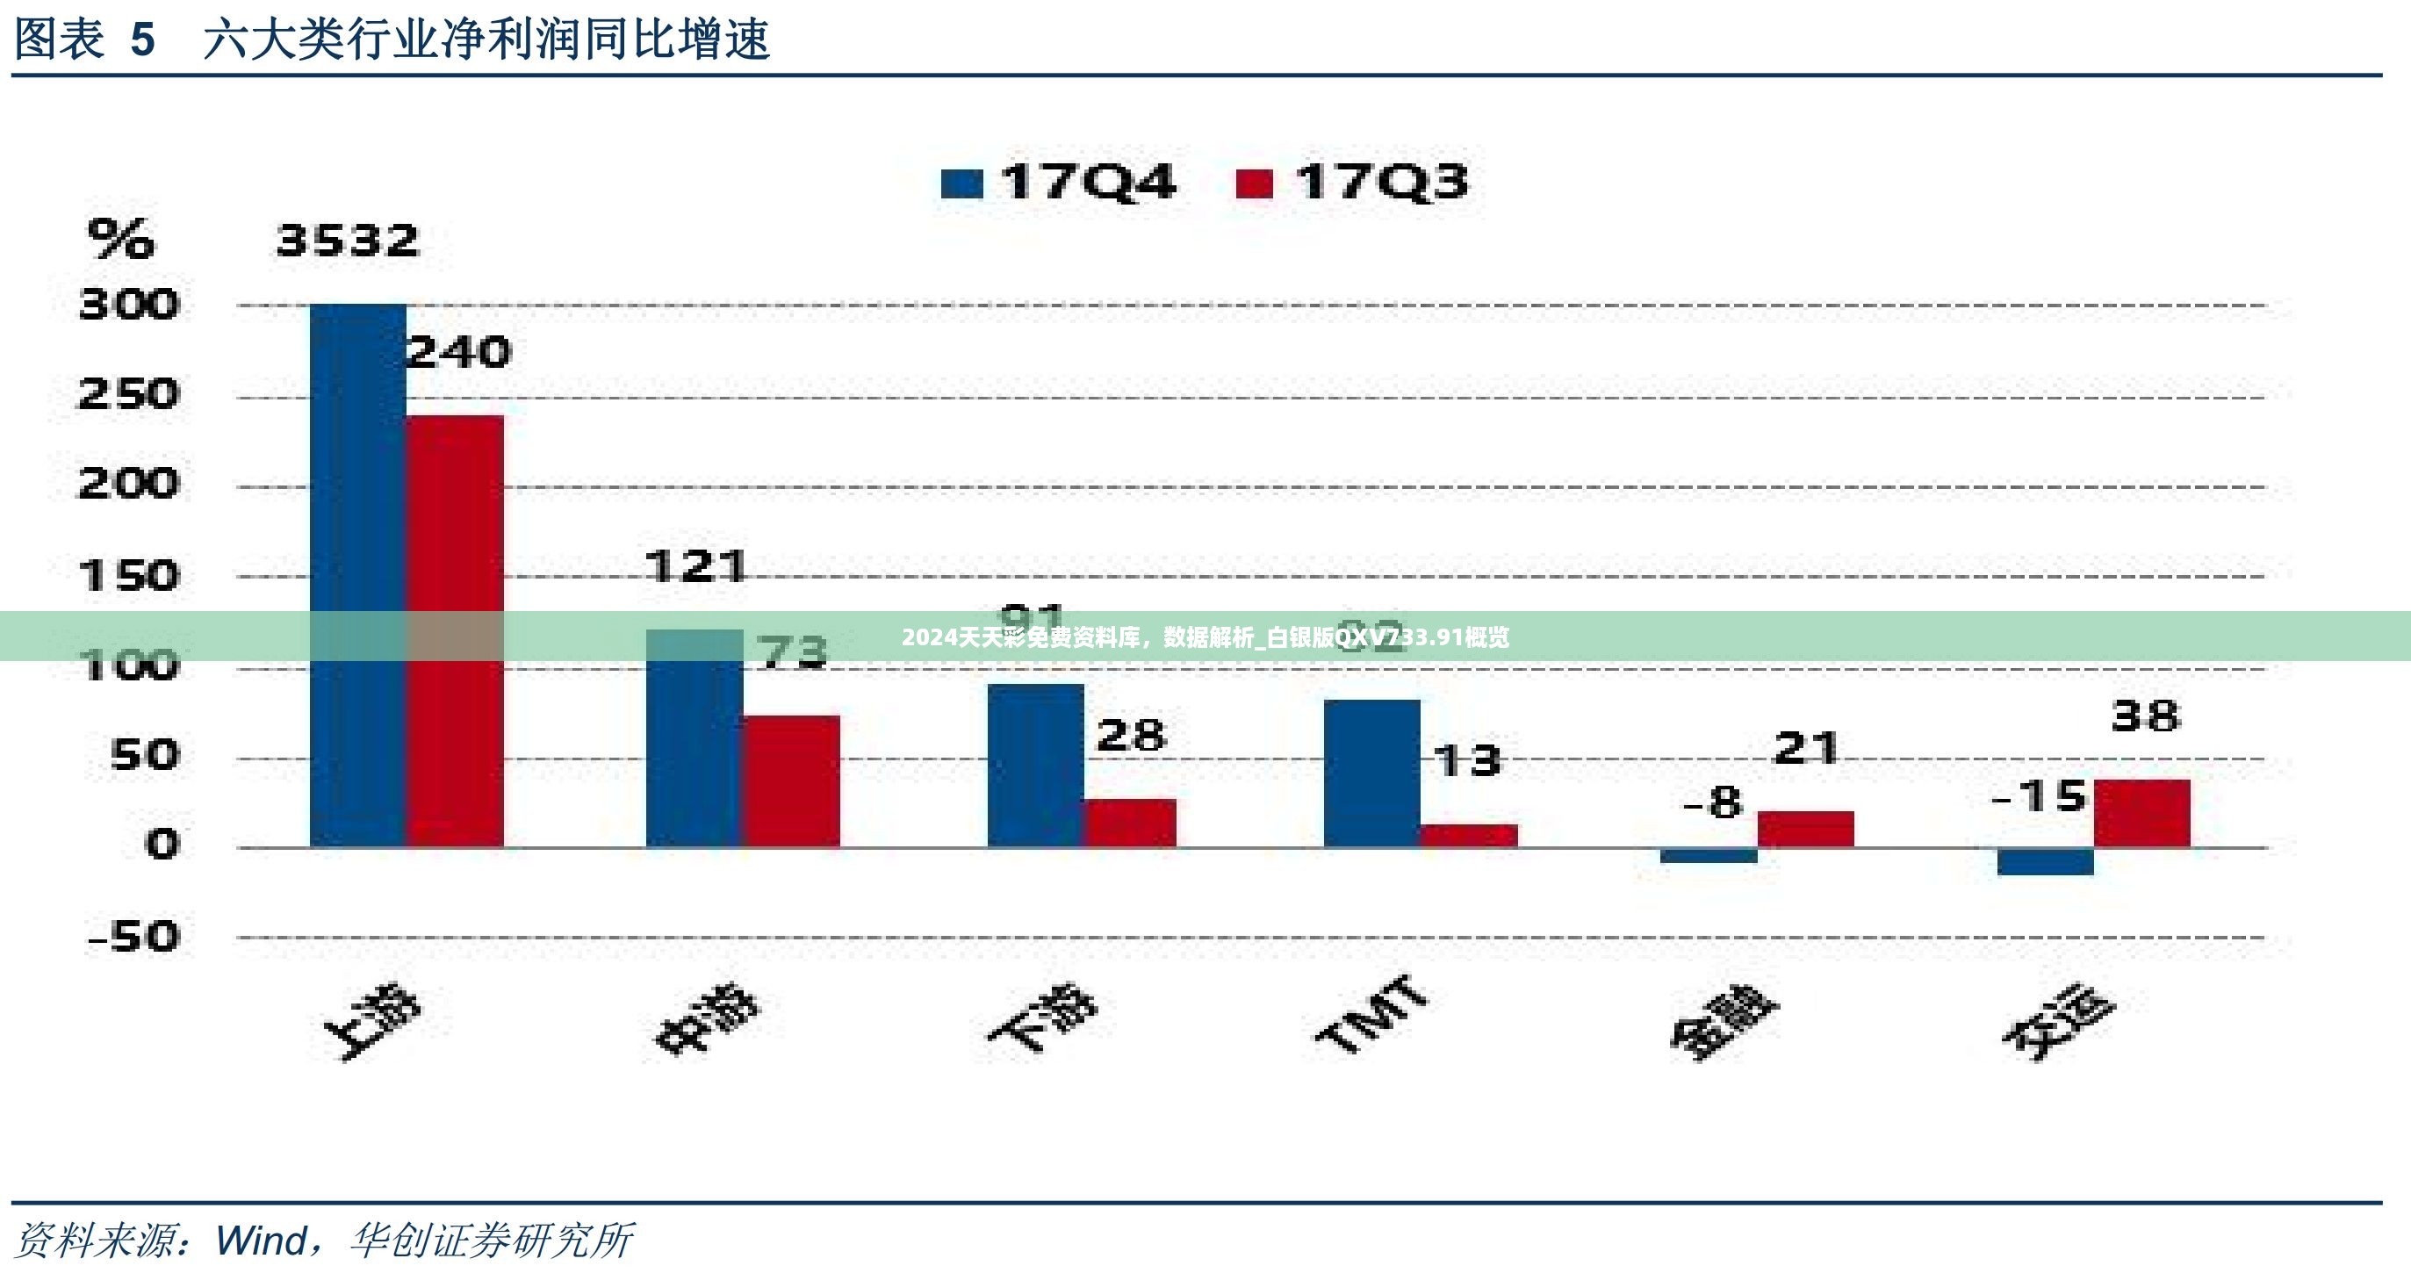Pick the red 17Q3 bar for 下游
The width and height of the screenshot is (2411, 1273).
pos(1131,823)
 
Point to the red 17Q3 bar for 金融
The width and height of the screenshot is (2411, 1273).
pos(1805,830)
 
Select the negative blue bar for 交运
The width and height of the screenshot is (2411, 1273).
pos(2045,861)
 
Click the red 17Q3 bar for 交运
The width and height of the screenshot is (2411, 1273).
pos(2142,814)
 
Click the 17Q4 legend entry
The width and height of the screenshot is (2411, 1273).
pos(1059,182)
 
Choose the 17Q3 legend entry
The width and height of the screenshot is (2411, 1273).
pos(1352,182)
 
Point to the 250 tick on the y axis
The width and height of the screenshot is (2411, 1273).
pos(128,395)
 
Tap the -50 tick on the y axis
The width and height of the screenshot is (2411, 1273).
pos(133,936)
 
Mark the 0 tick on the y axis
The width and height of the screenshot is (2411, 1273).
pos(161,845)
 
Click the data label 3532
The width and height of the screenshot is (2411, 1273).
pos(349,241)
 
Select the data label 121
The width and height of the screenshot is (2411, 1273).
pos(696,566)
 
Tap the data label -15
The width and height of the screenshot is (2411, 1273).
pos(2040,796)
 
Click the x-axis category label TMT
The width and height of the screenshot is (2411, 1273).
pos(1372,1015)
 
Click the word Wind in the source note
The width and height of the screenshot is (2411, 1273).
pos(261,1241)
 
